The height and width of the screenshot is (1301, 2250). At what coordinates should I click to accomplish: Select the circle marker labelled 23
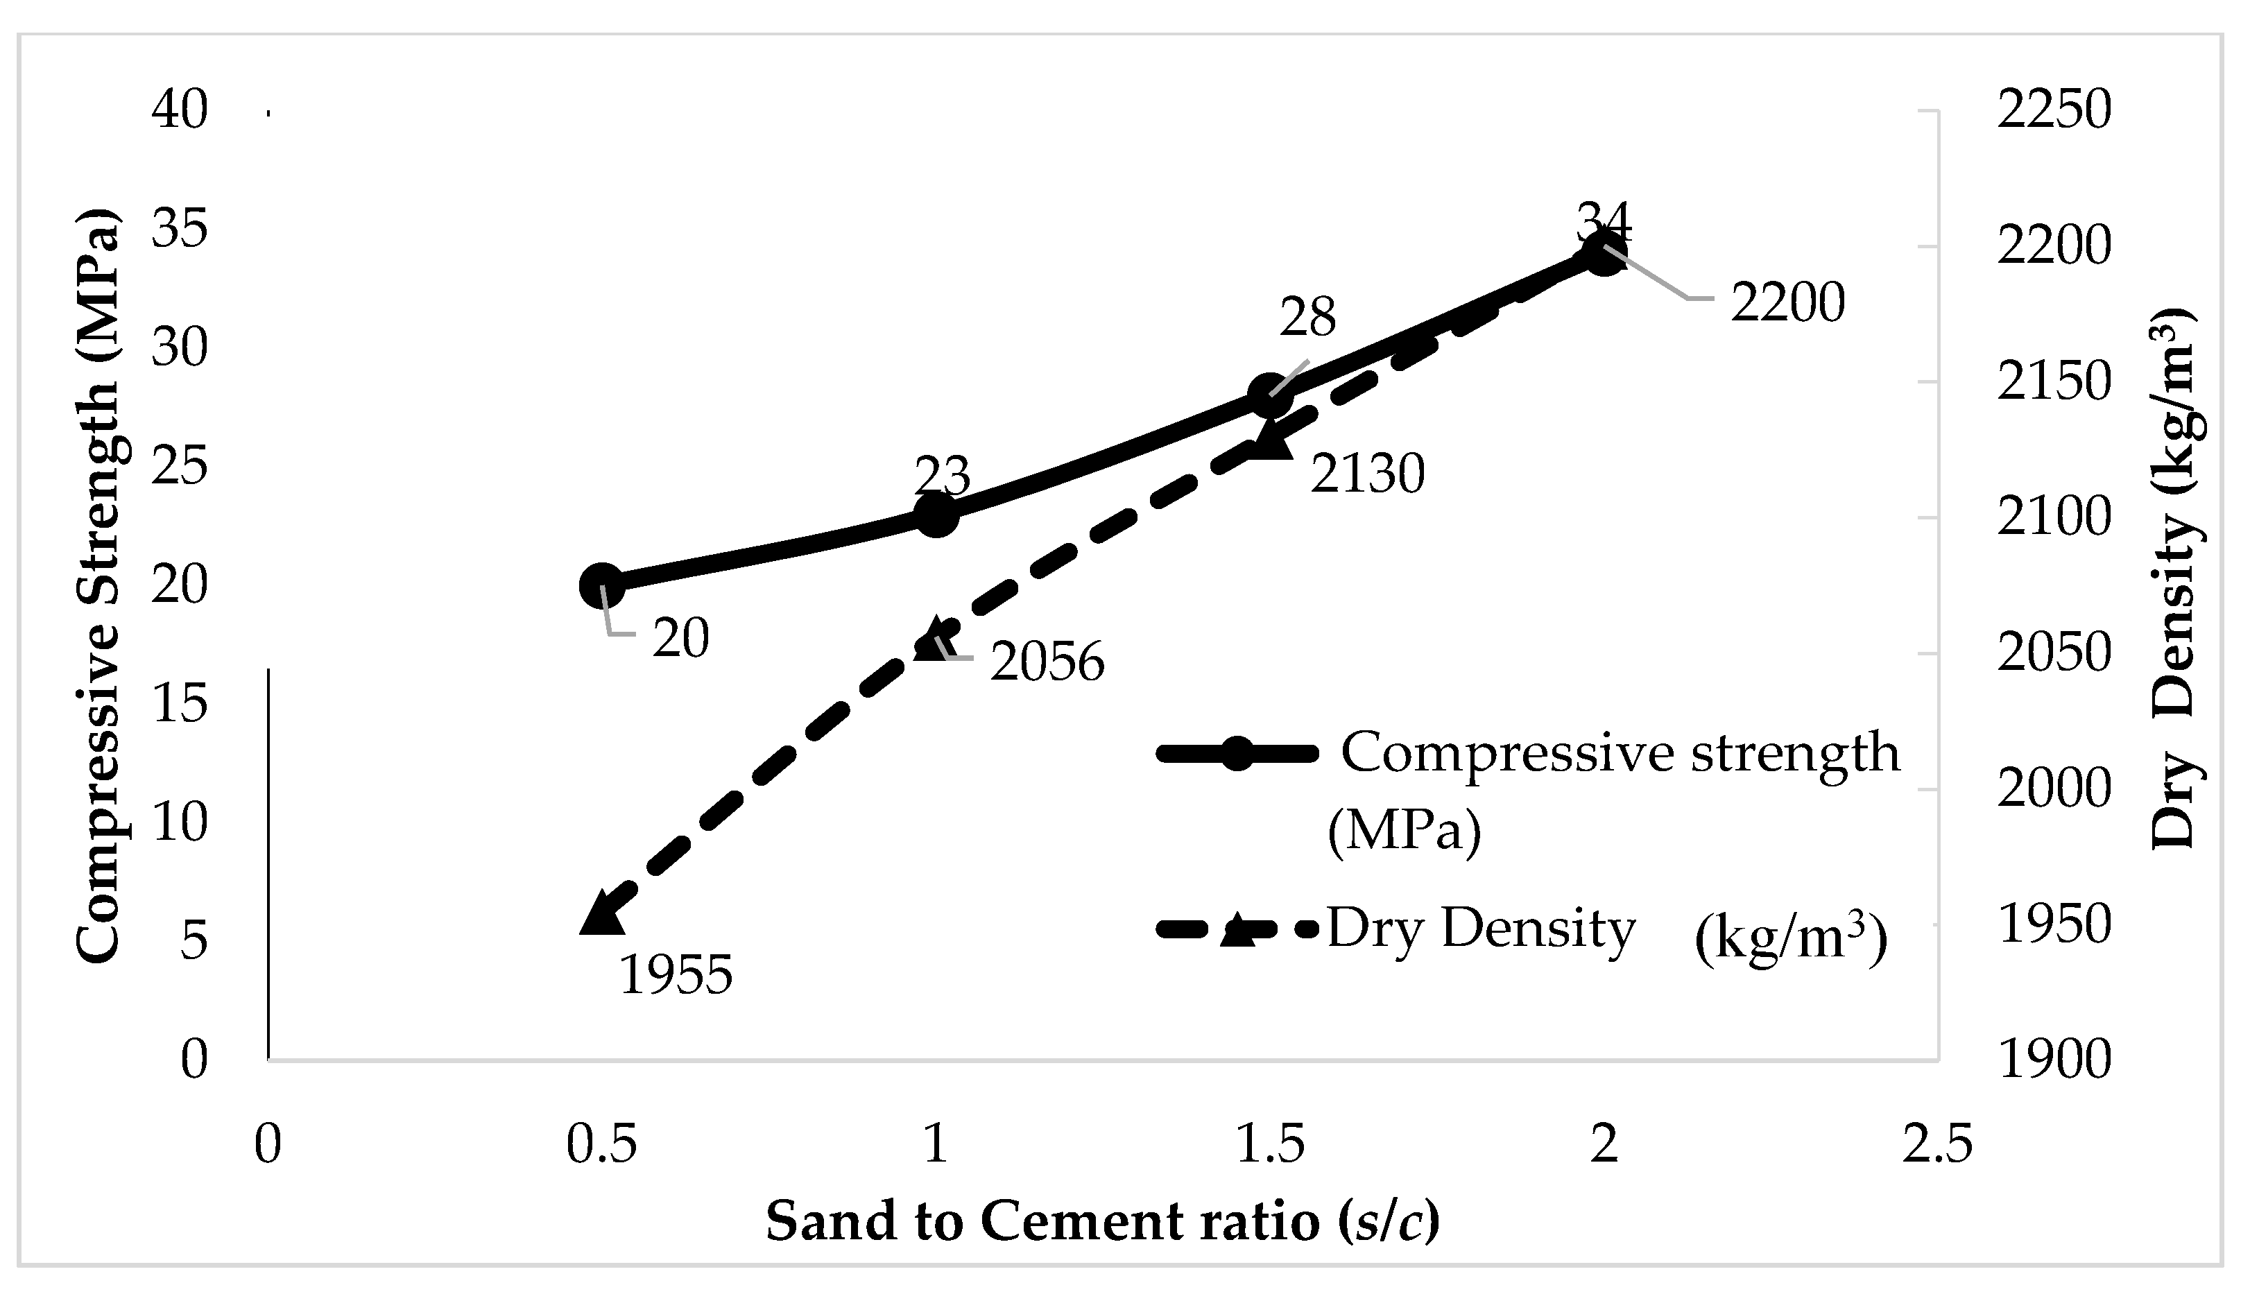coord(936,515)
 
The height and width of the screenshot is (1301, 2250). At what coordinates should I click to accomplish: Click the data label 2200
coord(1787,304)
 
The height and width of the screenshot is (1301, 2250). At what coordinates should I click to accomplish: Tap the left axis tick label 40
coord(180,111)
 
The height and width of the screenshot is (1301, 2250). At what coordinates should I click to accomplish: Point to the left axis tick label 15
coord(180,704)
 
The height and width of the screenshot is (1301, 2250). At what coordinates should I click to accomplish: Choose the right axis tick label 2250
coord(2054,111)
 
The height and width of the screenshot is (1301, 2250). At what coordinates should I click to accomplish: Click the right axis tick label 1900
coord(2054,1060)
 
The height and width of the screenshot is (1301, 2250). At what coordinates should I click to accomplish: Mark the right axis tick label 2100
coord(2054,518)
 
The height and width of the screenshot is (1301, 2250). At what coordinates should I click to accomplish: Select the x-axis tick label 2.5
coord(1936,1144)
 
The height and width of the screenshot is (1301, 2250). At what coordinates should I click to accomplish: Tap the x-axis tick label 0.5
coord(601,1144)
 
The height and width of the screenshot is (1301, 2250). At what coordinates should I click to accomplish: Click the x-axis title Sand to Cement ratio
coord(1103,1221)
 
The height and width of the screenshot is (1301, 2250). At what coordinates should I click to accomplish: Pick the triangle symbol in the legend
coord(1237,929)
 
